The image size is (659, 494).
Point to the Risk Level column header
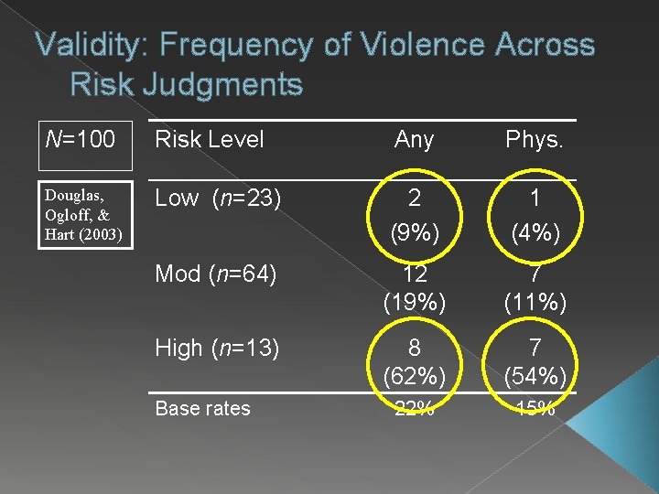(210, 140)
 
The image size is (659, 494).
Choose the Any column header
(414, 140)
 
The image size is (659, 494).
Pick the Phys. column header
(535, 140)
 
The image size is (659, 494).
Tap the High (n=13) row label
(217, 349)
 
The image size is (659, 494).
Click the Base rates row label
(202, 408)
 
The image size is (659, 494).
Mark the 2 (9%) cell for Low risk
(414, 215)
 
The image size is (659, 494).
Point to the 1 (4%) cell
(535, 215)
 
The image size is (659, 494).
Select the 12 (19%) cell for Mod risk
(414, 289)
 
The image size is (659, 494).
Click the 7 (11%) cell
(535, 289)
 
